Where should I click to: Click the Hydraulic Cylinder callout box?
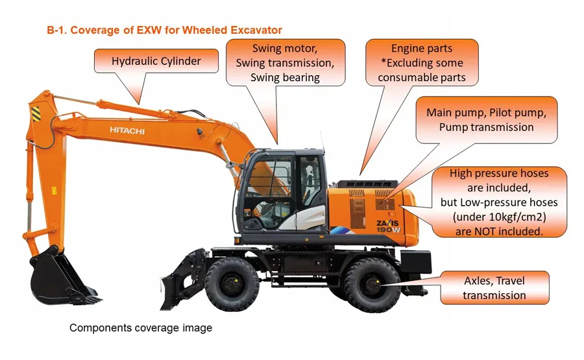click(156, 62)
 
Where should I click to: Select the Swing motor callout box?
click(286, 62)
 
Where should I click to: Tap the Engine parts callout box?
click(422, 63)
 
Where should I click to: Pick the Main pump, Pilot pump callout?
click(486, 119)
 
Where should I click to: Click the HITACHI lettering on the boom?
click(127, 130)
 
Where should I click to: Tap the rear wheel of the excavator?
click(366, 284)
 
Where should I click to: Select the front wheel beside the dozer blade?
click(232, 284)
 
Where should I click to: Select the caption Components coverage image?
click(141, 328)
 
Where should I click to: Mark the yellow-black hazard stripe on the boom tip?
click(34, 116)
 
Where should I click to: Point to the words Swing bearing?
click(286, 77)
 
